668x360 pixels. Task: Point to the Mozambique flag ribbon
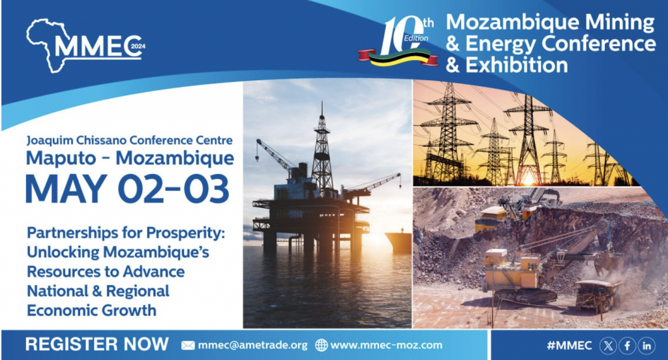pos(398,58)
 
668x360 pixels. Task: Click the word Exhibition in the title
pos(517,65)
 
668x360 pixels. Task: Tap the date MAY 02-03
pos(127,188)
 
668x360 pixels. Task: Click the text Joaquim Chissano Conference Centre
pos(130,141)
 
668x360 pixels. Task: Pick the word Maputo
pos(61,158)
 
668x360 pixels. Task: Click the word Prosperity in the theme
pos(185,233)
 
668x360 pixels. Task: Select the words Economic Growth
pos(91,310)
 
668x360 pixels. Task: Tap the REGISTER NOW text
pos(97,344)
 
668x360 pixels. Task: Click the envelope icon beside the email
pos(188,345)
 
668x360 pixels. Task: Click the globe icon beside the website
pos(321,345)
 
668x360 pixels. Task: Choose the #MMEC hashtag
pos(569,346)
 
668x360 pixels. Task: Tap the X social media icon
pos(608,346)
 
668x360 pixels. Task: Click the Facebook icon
pos(627,346)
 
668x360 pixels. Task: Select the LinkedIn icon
pos(646,346)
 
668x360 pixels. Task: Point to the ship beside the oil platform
pos(399,241)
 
